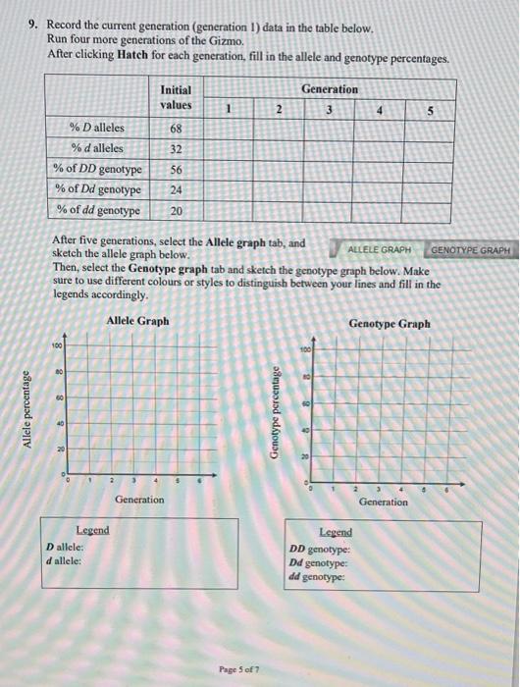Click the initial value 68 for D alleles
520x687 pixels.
point(177,128)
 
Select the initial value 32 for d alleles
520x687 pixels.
point(177,148)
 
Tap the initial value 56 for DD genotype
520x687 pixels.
point(177,169)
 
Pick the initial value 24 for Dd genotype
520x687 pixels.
point(177,189)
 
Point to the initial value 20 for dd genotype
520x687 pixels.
point(177,210)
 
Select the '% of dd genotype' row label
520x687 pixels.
point(98,210)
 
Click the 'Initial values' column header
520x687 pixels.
point(177,97)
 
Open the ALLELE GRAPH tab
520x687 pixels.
point(379,250)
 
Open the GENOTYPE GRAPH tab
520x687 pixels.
point(471,250)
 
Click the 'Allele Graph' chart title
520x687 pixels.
point(137,321)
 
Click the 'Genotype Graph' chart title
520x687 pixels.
point(390,324)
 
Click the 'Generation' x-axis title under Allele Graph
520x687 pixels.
point(139,500)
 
